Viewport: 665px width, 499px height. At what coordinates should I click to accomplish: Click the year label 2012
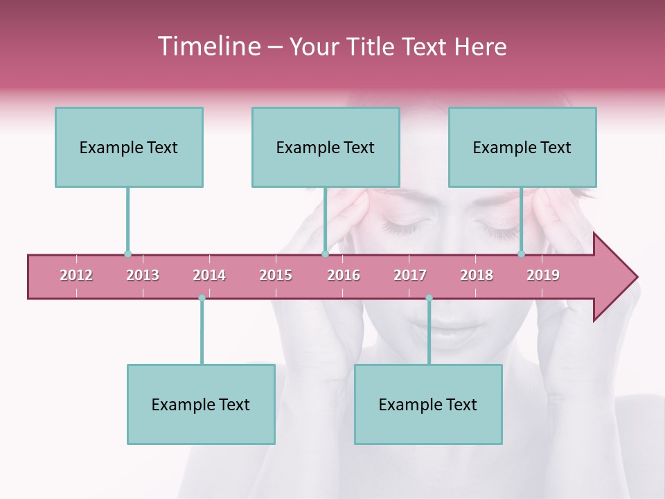pos(76,275)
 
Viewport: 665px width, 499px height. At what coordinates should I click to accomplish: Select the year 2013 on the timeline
pos(143,275)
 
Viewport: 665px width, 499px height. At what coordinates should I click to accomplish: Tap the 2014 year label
pos(209,275)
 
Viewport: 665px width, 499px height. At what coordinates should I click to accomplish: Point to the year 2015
pos(276,275)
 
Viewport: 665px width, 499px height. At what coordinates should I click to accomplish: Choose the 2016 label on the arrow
pos(344,275)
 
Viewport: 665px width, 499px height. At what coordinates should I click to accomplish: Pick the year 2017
pos(410,275)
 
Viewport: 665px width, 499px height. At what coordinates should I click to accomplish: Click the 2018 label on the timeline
pos(477,275)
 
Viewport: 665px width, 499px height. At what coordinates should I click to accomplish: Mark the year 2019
pos(543,275)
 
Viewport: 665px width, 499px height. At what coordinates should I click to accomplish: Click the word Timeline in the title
pos(208,46)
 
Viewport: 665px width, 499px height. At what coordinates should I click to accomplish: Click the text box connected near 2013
pos(129,147)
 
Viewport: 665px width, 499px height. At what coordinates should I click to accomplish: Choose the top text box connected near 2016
pos(326,147)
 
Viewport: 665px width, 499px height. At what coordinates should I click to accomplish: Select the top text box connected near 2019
pos(522,147)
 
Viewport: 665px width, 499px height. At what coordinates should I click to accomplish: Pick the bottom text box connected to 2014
pos(201,404)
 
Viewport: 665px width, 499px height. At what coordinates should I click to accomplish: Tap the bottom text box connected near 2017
pos(428,404)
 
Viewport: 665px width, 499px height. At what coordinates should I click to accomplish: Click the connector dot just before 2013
pos(127,254)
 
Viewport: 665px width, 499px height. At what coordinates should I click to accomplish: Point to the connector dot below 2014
pos(202,298)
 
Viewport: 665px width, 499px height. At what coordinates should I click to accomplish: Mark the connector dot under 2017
pos(429,298)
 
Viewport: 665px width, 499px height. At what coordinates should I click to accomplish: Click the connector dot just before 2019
pos(521,254)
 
